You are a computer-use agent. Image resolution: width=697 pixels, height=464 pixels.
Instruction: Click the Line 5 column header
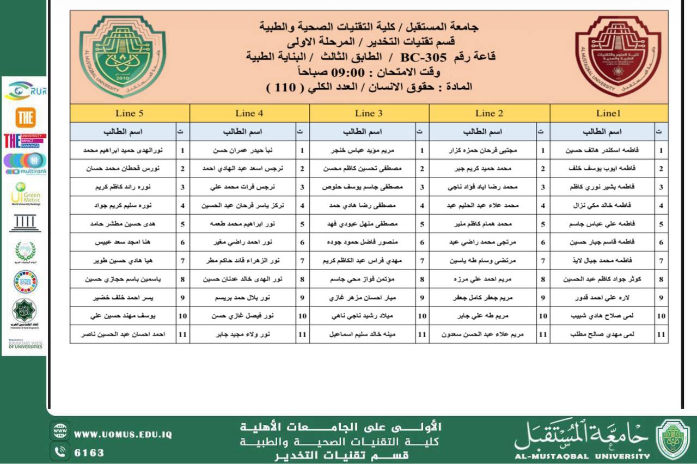130,113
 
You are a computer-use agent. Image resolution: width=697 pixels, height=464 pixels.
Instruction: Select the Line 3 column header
369,113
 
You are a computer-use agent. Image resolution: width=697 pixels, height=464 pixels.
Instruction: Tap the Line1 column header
608,113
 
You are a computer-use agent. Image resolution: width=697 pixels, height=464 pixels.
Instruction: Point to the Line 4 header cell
249,113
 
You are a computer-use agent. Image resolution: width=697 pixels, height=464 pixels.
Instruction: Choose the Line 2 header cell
489,113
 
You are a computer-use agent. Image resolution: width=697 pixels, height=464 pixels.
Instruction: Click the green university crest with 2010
122,56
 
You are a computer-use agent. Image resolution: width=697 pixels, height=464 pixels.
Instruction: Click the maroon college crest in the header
617,56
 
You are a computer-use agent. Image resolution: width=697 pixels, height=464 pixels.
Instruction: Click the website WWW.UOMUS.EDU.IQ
123,435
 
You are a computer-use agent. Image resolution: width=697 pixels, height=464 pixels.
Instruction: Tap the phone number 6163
89,453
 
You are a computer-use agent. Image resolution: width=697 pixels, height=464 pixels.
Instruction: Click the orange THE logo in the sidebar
25,117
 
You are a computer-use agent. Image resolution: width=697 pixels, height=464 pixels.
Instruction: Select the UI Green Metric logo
25,193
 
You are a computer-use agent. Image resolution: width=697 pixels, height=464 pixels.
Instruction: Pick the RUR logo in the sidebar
25,90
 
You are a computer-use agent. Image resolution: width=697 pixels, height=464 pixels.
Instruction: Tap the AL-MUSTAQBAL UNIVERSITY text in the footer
582,456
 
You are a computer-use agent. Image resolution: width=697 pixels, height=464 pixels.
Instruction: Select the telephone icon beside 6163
59,451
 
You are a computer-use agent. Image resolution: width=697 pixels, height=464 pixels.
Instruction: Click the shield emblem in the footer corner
672,439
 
